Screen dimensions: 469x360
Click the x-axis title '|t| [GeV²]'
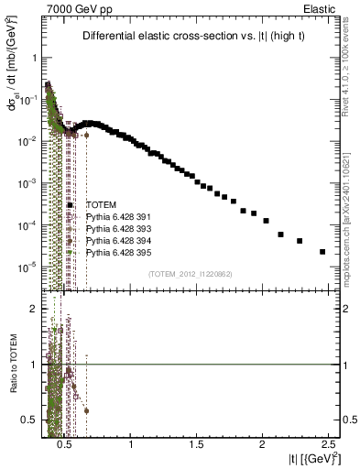pos(311,458)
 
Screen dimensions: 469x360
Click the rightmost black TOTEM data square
pos(322,252)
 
